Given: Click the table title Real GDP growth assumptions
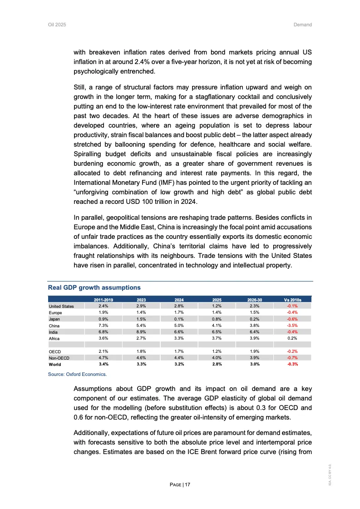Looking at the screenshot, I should click(x=94, y=287).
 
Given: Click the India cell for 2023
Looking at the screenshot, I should click(x=141, y=332).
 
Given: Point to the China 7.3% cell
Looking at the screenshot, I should click(x=103, y=326).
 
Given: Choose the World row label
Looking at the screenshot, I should click(x=55, y=364).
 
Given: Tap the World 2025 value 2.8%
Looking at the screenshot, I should click(x=217, y=364).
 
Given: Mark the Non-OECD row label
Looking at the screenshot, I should click(x=59, y=358).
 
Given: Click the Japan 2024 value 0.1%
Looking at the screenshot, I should click(x=179, y=319).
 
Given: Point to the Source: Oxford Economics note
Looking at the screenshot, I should click(x=77, y=375).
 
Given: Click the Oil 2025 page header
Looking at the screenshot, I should click(x=57, y=25).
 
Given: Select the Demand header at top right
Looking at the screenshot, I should click(x=303, y=25).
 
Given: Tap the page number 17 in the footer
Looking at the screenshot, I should click(x=187, y=485).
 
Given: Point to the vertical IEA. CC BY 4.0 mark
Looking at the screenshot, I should click(x=334, y=472).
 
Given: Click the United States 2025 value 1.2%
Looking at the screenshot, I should click(x=217, y=306).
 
